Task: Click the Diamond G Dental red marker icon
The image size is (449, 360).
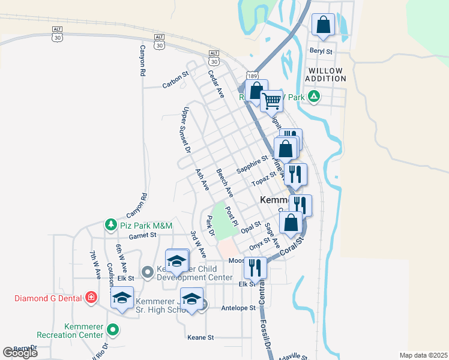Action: [x=91, y=297]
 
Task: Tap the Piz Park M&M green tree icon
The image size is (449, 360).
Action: [x=110, y=225]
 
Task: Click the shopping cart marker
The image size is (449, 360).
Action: [x=271, y=101]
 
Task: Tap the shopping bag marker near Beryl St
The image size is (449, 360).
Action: [x=323, y=25]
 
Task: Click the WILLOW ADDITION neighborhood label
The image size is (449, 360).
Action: [x=325, y=75]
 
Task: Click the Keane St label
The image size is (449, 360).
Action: [x=200, y=338]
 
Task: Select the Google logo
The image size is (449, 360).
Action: [x=20, y=353]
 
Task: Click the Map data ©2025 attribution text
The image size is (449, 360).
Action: [x=423, y=355]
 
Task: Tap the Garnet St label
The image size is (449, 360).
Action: [x=142, y=236]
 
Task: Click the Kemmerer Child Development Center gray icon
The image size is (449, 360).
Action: [x=148, y=273]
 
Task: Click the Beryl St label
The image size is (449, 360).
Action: [x=321, y=52]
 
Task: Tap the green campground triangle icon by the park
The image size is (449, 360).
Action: [x=313, y=96]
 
